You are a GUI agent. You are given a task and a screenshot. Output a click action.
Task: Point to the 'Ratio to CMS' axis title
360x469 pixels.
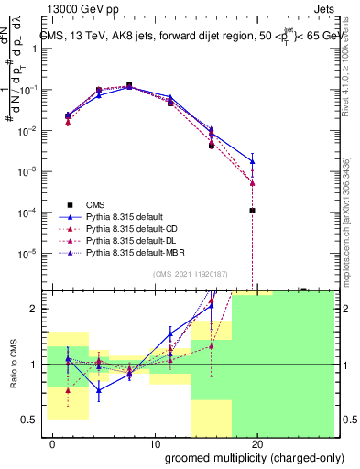coord(13,365)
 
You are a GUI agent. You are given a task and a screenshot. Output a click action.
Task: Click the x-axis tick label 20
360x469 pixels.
coord(258,444)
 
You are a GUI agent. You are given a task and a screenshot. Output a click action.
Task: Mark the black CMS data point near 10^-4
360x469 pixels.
coord(252,211)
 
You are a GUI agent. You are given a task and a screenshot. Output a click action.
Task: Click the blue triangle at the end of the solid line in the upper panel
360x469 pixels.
coord(252,161)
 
